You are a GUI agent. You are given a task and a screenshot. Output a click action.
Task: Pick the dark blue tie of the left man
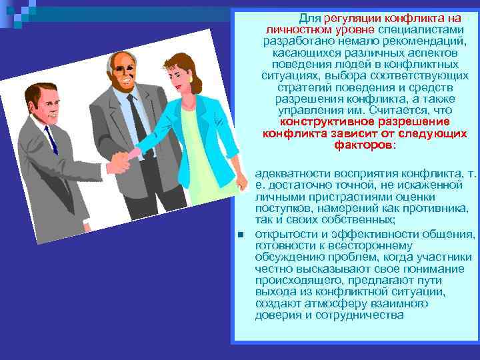click(51, 140)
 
